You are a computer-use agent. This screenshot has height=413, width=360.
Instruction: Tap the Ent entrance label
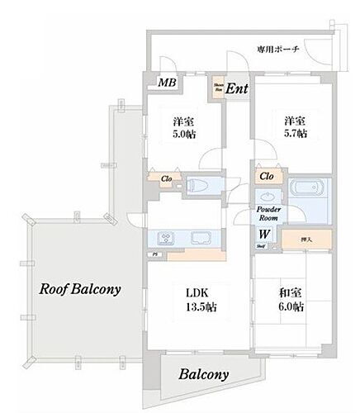pos(236,88)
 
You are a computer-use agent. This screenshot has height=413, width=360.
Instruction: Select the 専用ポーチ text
pos(282,49)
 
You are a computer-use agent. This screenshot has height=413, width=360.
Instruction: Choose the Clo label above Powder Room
pos(267,177)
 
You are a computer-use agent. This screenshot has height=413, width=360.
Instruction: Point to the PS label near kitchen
pos(154,254)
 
